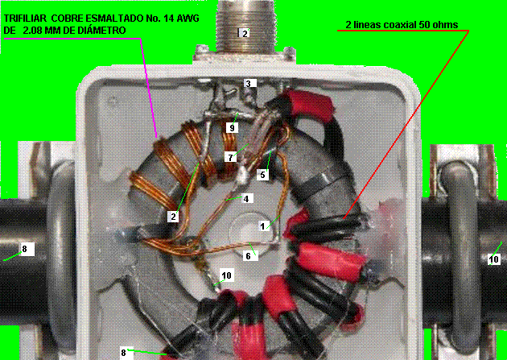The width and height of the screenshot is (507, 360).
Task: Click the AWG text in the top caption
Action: (188, 19)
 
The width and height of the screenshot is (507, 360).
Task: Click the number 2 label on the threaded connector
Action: (244, 33)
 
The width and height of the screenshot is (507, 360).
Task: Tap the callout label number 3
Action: (249, 83)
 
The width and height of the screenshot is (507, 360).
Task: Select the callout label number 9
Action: (232, 128)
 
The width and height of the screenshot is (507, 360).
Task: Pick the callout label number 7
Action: (230, 157)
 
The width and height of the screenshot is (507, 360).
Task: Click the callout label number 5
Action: (263, 175)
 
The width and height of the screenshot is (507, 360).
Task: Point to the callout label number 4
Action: (246, 198)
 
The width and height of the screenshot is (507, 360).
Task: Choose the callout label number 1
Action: (263, 226)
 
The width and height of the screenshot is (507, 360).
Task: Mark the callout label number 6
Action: (249, 256)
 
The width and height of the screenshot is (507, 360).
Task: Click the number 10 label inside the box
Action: (226, 275)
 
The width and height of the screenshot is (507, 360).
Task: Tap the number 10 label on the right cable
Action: (494, 259)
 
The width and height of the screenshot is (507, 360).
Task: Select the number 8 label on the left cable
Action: (25, 249)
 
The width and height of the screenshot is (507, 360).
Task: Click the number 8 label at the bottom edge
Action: (123, 352)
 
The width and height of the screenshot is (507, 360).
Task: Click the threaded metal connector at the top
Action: (245, 27)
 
